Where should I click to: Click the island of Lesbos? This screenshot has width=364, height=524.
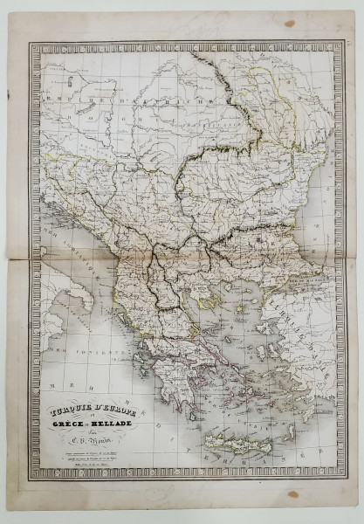tap(267, 323)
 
